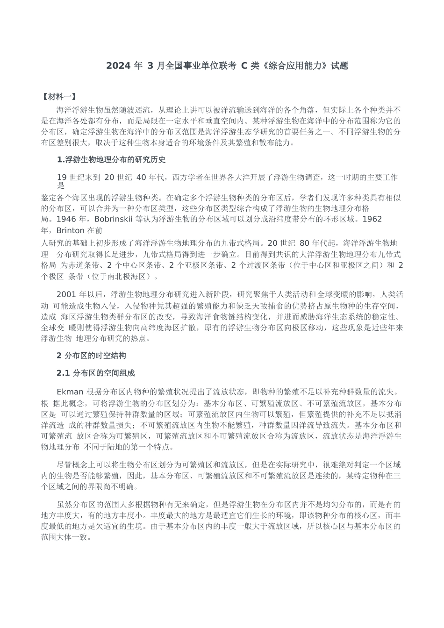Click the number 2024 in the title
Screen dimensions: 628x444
point(118,66)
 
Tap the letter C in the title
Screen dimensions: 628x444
point(244,66)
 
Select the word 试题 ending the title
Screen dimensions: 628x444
point(339,66)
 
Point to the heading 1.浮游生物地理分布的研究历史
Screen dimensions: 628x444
point(111,160)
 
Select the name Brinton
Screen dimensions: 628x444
point(71,230)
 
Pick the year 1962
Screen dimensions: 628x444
point(372,219)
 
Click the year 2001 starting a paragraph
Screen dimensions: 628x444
point(66,294)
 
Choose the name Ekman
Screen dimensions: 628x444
point(70,392)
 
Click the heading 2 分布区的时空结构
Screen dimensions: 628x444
point(91,356)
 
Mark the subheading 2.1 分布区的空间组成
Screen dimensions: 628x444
point(95,373)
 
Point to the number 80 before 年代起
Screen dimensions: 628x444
point(304,243)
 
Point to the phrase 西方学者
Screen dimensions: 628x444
point(187,177)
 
